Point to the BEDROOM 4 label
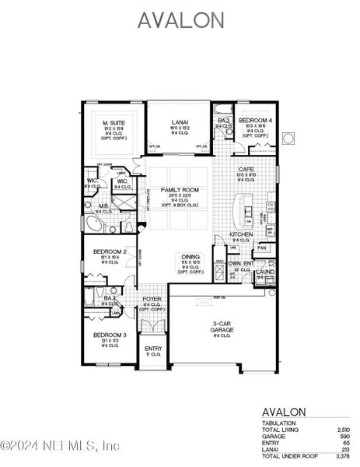pyautogui.click(x=254, y=121)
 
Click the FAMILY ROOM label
pyautogui.click(x=180, y=190)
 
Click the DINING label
pyautogui.click(x=191, y=256)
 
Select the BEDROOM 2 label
pyautogui.click(x=110, y=251)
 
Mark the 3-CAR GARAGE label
pyautogui.click(x=222, y=326)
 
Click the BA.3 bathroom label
pyautogui.click(x=224, y=120)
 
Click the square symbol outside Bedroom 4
pyautogui.click(x=288, y=139)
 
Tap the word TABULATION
pyautogui.click(x=278, y=423)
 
